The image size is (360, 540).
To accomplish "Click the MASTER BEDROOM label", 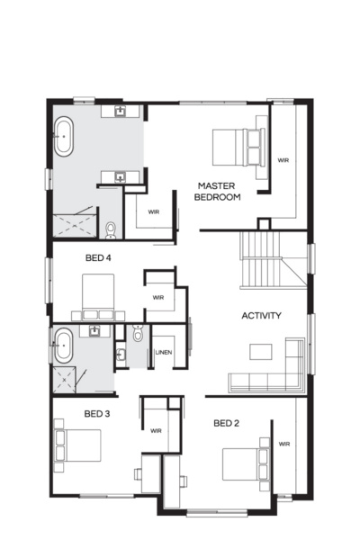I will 219,191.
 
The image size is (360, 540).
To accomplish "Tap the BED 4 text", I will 98,258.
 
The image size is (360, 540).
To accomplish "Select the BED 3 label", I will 96,414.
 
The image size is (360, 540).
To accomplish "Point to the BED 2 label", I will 226,423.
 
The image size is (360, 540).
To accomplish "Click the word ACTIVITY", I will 262,316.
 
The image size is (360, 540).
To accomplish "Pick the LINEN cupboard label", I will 164,352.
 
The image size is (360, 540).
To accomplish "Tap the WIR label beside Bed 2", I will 284,444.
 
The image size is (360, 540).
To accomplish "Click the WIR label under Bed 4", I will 157,297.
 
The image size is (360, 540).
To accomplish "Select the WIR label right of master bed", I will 283,160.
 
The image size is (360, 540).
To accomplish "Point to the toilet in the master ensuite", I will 111,229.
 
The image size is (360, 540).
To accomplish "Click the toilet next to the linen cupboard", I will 136,335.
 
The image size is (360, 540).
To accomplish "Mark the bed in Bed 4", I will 98,297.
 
